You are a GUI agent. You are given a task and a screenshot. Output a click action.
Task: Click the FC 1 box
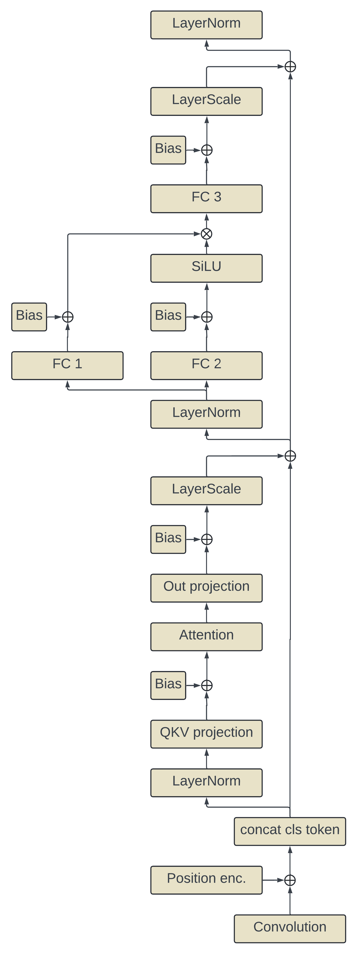(x=67, y=366)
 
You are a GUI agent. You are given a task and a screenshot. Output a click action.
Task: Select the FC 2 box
(x=206, y=366)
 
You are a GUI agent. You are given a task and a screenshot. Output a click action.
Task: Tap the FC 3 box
(x=206, y=199)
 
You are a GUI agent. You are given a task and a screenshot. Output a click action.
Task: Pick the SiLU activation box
(x=206, y=268)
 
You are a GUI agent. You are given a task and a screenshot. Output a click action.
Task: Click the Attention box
(x=206, y=637)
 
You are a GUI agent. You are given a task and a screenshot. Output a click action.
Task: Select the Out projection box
(x=206, y=588)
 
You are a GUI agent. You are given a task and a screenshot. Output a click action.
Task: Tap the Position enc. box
(x=206, y=880)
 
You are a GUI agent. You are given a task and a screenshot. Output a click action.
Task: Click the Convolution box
(x=290, y=929)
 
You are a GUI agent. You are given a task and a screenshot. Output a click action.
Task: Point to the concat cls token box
(x=290, y=831)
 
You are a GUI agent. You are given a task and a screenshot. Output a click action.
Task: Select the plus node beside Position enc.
(x=290, y=880)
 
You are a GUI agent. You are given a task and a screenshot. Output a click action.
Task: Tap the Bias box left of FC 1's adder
(x=29, y=317)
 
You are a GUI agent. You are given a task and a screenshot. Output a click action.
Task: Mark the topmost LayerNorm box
(x=206, y=25)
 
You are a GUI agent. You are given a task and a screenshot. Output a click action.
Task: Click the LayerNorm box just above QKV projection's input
(x=206, y=783)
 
